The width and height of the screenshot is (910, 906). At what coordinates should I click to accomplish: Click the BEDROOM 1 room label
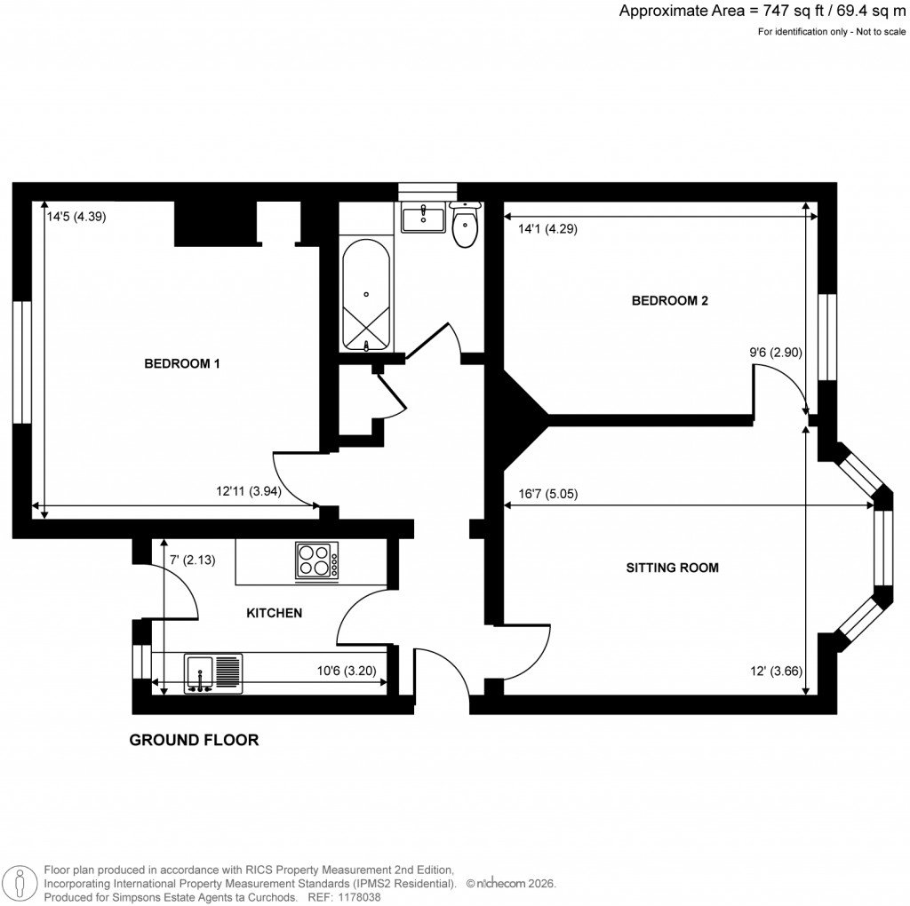point(182,363)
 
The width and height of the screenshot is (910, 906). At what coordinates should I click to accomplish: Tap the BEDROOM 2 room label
point(669,300)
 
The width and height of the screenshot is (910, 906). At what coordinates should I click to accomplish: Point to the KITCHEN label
point(274,613)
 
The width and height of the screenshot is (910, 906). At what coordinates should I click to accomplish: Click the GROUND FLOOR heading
point(194,740)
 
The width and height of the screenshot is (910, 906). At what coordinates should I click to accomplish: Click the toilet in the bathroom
point(465,225)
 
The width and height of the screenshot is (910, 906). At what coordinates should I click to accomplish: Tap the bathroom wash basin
point(423,217)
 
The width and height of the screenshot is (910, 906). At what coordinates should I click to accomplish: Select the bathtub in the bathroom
point(366,294)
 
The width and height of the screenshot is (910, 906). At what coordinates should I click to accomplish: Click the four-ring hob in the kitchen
point(316,561)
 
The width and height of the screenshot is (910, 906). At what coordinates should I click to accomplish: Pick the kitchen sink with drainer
point(213,672)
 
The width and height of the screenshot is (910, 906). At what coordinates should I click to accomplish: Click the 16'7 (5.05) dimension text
point(547,495)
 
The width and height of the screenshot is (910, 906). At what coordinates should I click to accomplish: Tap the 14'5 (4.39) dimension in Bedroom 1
point(76,215)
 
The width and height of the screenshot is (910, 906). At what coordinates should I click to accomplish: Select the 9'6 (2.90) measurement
point(776,352)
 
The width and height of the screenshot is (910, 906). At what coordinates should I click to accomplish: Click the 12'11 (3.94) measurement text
point(249,490)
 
